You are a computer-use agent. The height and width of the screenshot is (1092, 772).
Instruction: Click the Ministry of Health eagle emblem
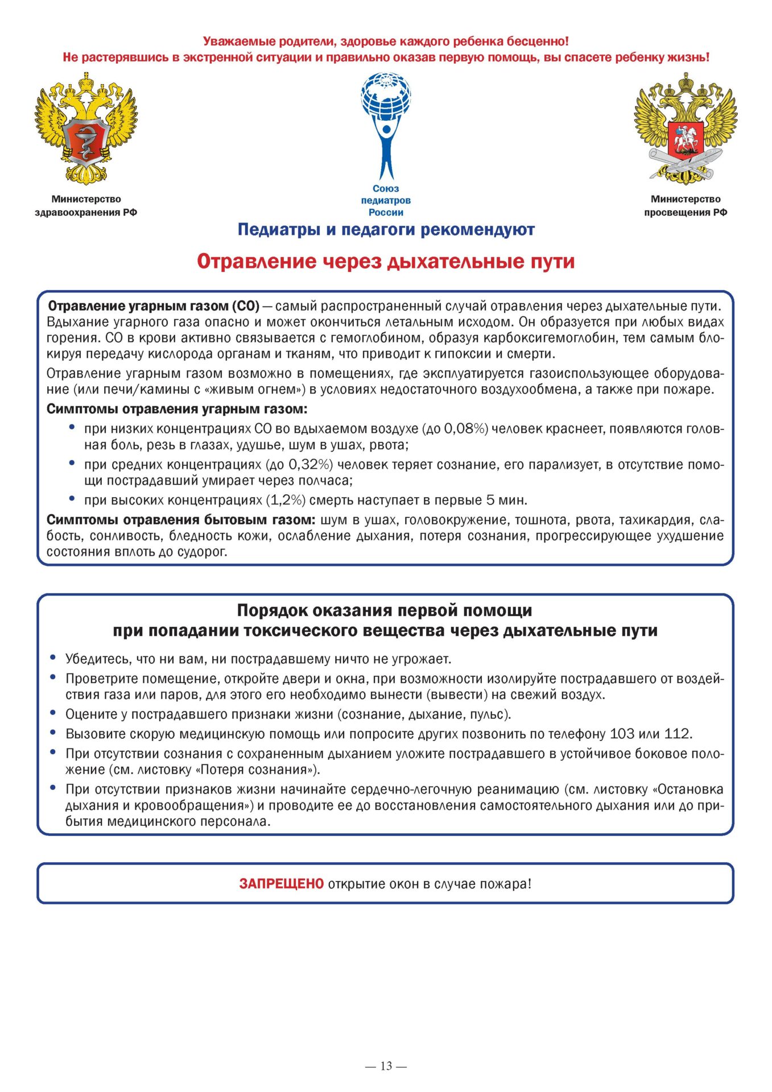point(86,129)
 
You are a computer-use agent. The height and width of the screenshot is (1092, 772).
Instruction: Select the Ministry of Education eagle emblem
point(686,129)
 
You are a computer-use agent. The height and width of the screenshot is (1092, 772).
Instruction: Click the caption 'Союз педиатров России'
point(386,200)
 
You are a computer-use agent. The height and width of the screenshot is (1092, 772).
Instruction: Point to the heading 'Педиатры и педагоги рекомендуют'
point(386,230)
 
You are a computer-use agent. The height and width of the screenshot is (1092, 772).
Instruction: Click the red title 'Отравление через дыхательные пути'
point(386,262)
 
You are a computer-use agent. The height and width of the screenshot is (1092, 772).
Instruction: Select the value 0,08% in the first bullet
point(465,429)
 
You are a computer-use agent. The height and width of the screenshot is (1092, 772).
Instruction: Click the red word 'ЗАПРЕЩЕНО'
point(281,884)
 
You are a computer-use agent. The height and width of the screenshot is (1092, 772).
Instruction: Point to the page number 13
point(386,1066)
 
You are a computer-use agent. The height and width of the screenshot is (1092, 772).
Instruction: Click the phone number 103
point(621,734)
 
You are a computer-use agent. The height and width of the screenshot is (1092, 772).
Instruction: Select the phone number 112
point(676,734)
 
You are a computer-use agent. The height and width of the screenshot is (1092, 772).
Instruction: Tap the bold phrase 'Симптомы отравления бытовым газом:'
point(181,520)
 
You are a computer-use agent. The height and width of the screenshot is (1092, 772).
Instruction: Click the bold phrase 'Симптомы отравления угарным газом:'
point(177,409)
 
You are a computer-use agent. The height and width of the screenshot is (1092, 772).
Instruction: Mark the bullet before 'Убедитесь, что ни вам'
point(53,658)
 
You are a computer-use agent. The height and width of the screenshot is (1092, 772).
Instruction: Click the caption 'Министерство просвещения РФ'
point(686,206)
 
